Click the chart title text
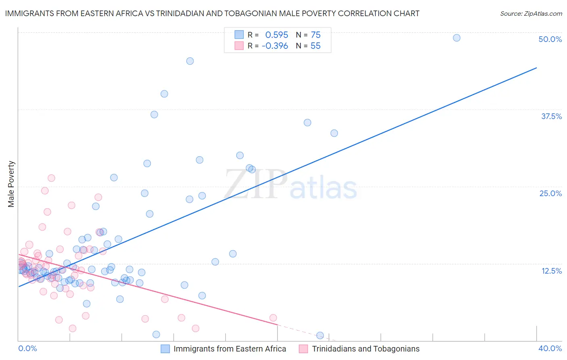tap(212, 13)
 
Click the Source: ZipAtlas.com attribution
tap(531, 14)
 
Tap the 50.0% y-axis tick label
tap(550, 39)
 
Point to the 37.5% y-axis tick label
tap(551, 116)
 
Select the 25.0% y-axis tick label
tap(550, 193)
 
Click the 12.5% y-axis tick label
tap(551, 271)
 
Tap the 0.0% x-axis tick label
tap(27, 348)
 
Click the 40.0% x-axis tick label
tap(550, 348)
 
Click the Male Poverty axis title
tap(11, 184)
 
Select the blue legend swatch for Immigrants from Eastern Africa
tap(165, 349)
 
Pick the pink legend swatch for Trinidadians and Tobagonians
tap(303, 349)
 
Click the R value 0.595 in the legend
tap(277, 35)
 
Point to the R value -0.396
tap(275, 46)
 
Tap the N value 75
tap(316, 35)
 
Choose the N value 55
tap(315, 46)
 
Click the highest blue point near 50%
tap(457, 38)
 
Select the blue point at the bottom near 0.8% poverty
tap(320, 335)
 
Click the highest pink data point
tap(51, 178)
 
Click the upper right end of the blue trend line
tap(536, 68)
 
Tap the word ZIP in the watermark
tap(256, 184)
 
